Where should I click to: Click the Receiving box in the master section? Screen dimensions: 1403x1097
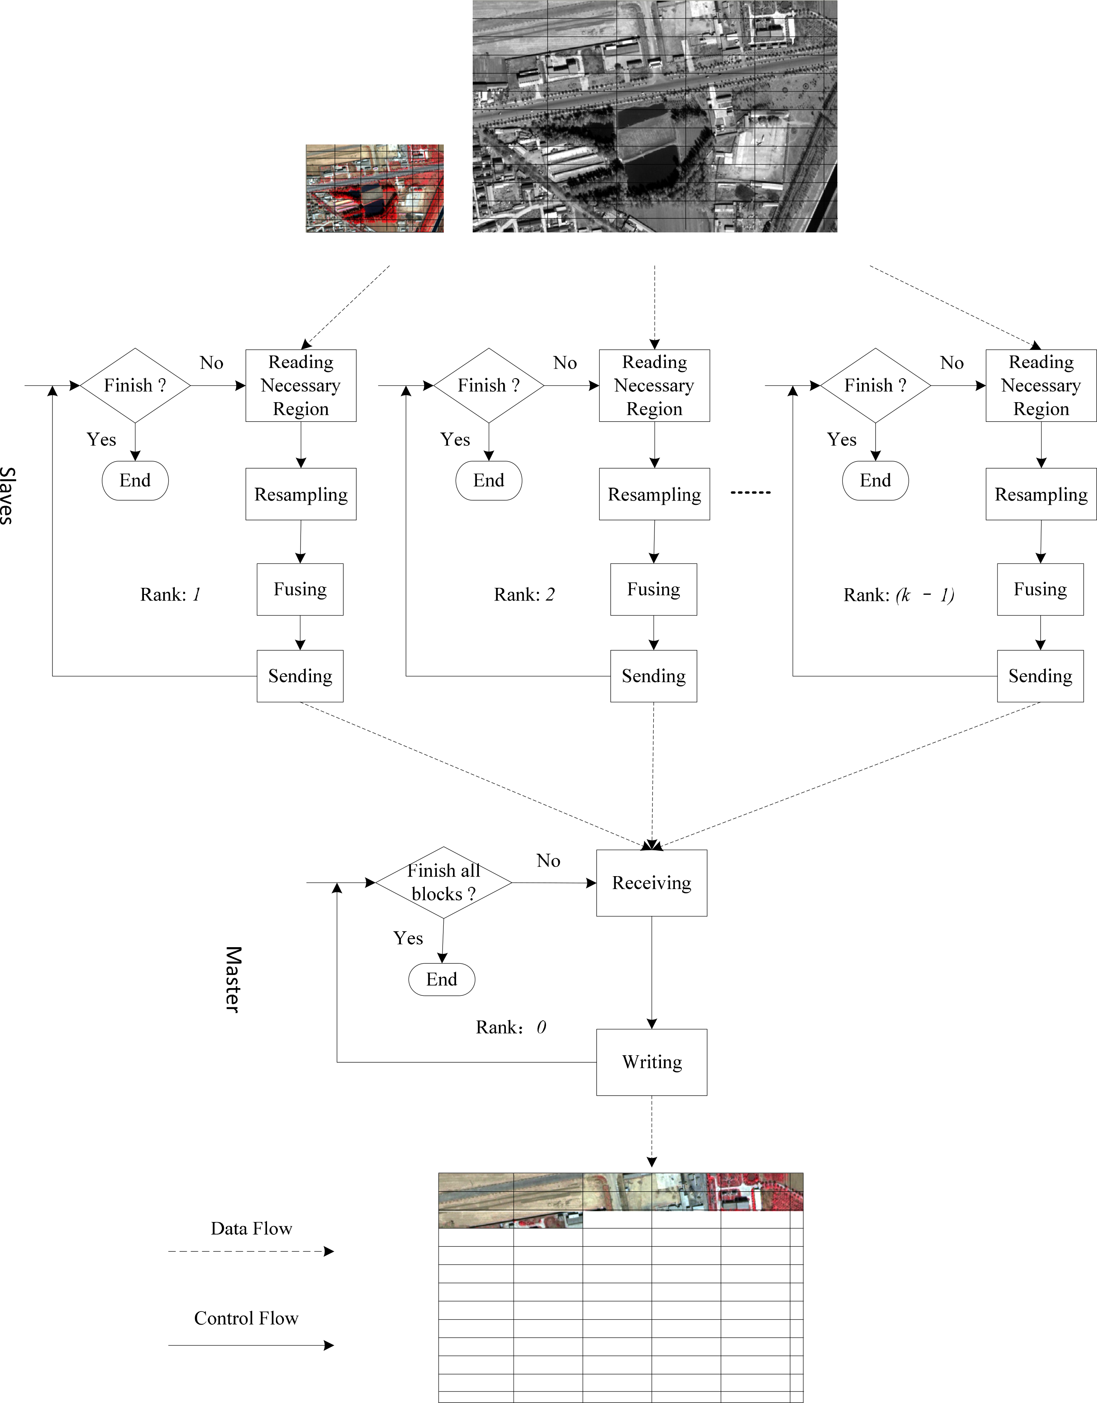click(651, 883)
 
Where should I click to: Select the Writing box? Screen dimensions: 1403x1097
click(651, 1062)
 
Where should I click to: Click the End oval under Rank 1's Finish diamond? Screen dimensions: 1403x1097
click(135, 481)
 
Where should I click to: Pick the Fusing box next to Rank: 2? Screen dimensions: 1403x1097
click(653, 589)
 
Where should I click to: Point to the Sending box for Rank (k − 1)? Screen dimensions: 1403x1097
click(1040, 676)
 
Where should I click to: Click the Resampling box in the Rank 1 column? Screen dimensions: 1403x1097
click(301, 494)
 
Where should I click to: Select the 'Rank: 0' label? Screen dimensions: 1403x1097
click(510, 1027)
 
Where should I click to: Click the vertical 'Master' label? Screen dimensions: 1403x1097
click(233, 979)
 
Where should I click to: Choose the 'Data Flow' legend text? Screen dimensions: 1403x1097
click(251, 1228)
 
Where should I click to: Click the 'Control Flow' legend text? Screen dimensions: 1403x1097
click(246, 1318)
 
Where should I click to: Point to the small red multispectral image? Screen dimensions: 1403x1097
click(374, 188)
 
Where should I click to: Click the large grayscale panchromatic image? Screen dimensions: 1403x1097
click(654, 116)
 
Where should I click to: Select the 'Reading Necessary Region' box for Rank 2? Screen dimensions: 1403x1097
click(654, 386)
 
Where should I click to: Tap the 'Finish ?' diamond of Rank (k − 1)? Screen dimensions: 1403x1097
click(875, 386)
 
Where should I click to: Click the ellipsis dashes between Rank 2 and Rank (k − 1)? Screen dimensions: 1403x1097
click(750, 493)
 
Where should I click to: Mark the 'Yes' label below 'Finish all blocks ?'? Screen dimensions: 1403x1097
click(408, 938)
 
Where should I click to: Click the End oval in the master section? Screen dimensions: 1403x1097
click(441, 979)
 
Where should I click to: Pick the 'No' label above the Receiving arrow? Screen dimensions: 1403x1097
click(548, 861)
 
